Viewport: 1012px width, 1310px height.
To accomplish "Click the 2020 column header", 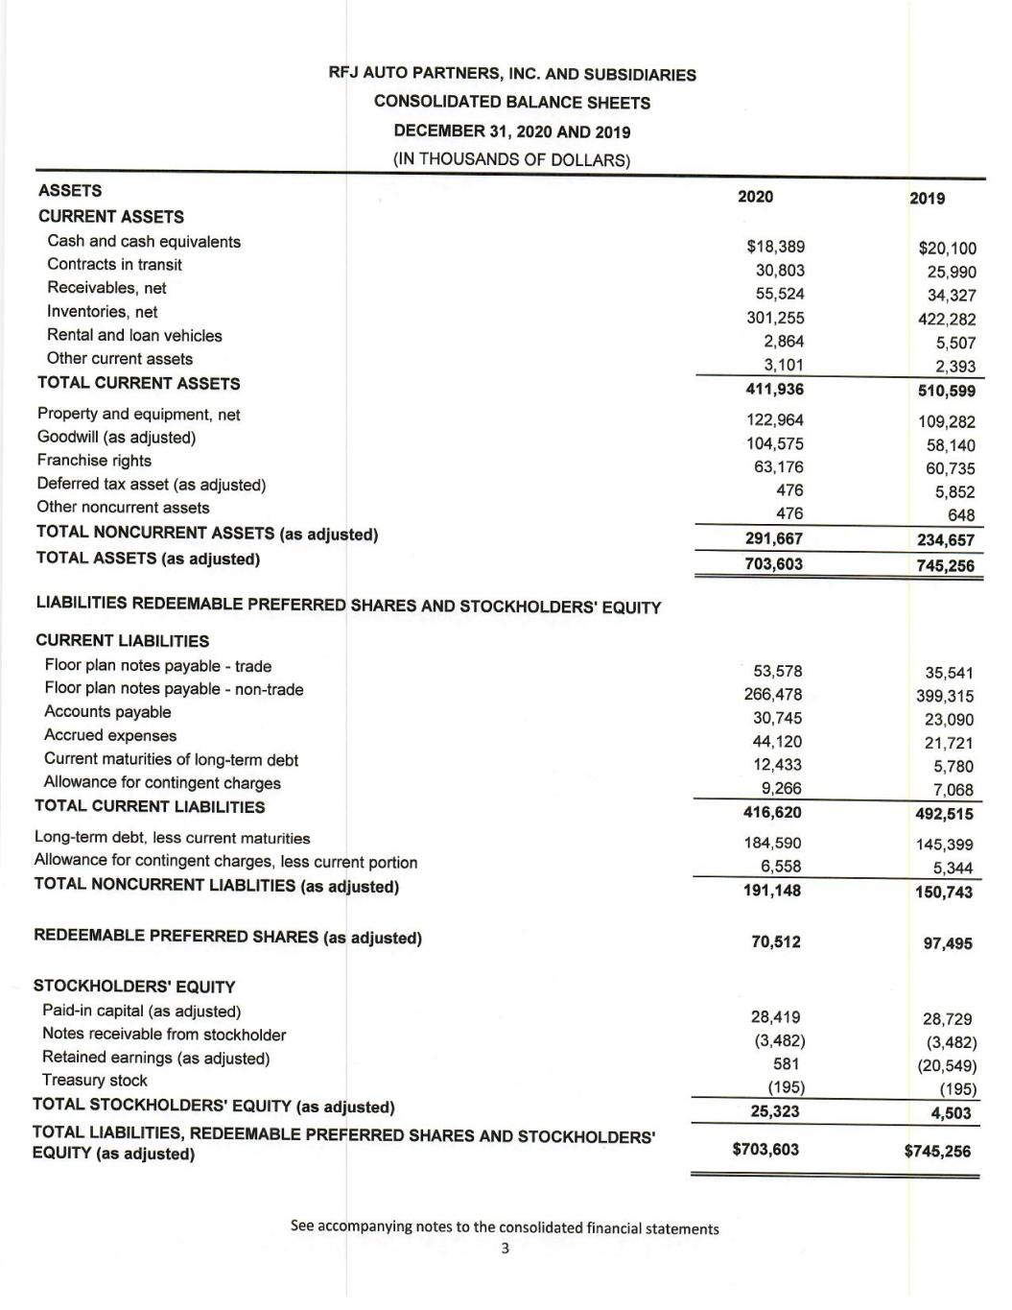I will tap(755, 197).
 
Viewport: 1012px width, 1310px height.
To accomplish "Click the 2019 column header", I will tap(927, 199).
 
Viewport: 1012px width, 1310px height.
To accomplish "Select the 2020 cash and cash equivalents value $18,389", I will tap(775, 247).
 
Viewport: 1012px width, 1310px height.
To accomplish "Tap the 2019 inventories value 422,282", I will tap(947, 320).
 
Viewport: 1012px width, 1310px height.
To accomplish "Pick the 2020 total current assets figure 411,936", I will tap(774, 389).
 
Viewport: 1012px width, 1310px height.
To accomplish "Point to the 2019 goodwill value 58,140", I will tap(950, 445).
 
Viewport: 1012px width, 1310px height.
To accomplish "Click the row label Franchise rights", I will tap(94, 461).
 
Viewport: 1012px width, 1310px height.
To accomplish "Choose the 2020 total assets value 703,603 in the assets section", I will tap(774, 563).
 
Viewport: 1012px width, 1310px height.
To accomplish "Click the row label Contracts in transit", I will tap(114, 265).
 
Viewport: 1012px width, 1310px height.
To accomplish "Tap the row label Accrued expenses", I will tap(110, 736).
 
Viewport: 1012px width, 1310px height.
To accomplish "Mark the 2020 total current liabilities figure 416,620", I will tap(773, 812).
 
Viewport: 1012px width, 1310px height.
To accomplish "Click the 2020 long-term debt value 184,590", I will tap(773, 843).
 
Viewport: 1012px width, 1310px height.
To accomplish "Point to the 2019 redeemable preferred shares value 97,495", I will tap(948, 943).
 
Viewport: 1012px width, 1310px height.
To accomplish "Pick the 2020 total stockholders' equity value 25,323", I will tap(775, 1111).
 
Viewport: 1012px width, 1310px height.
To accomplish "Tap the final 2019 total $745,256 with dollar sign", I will tap(938, 1151).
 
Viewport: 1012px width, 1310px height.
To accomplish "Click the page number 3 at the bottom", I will tap(506, 1249).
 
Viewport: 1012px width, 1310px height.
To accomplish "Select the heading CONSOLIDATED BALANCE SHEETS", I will tap(512, 103).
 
